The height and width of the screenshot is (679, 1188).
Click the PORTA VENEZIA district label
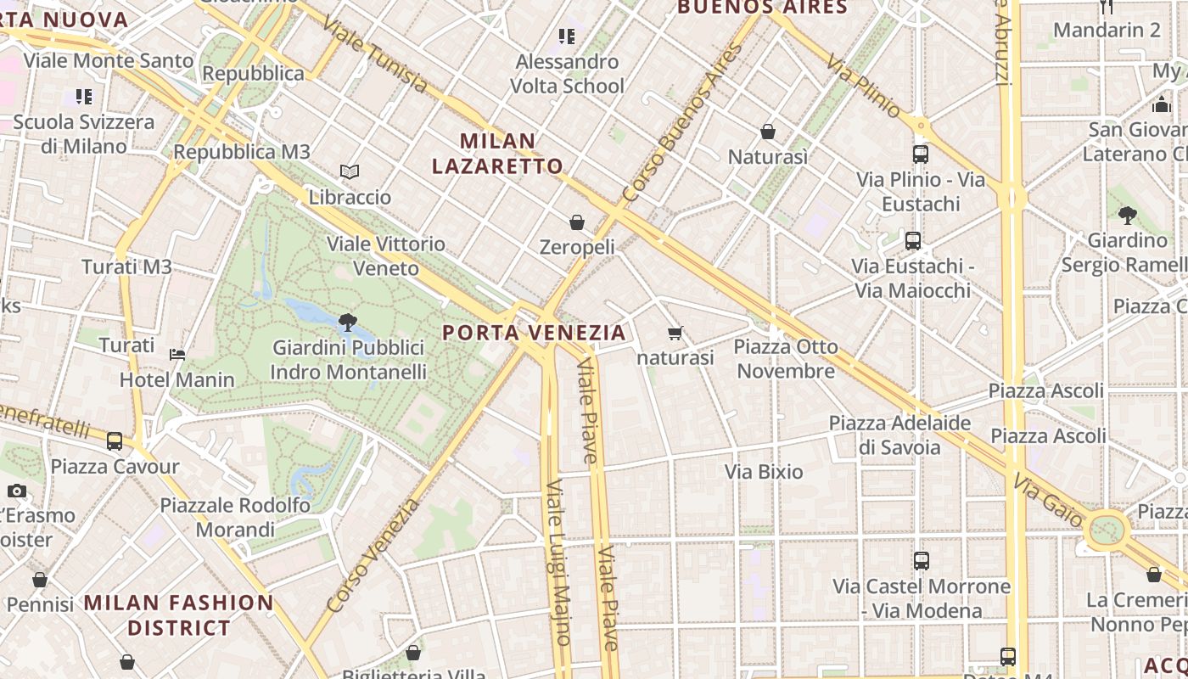(x=535, y=332)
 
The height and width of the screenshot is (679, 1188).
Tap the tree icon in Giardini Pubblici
(x=346, y=322)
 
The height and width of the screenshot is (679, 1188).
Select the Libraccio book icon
(x=350, y=172)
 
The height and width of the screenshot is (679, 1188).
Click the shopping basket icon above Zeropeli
(x=577, y=222)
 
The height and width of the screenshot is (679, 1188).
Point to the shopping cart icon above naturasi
(x=675, y=334)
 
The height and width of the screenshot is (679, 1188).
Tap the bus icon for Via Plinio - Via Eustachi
(x=921, y=154)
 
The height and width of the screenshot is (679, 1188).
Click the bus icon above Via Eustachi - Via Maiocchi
(x=913, y=241)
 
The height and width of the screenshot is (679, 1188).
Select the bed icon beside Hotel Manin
(x=177, y=354)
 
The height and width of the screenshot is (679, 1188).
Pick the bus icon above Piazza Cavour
(x=115, y=441)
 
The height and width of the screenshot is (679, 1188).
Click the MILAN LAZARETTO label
(x=497, y=154)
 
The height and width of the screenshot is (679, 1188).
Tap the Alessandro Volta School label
(x=567, y=74)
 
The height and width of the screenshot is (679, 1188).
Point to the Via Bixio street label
(x=764, y=472)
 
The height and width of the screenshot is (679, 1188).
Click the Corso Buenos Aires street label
(x=682, y=122)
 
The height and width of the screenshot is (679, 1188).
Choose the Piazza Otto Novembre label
(x=786, y=359)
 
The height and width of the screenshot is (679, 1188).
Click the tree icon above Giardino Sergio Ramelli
(x=1127, y=216)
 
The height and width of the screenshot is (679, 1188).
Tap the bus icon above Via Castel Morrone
(x=922, y=561)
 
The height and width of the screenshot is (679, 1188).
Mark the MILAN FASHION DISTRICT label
(x=179, y=615)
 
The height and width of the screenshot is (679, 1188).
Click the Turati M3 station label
(x=127, y=267)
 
